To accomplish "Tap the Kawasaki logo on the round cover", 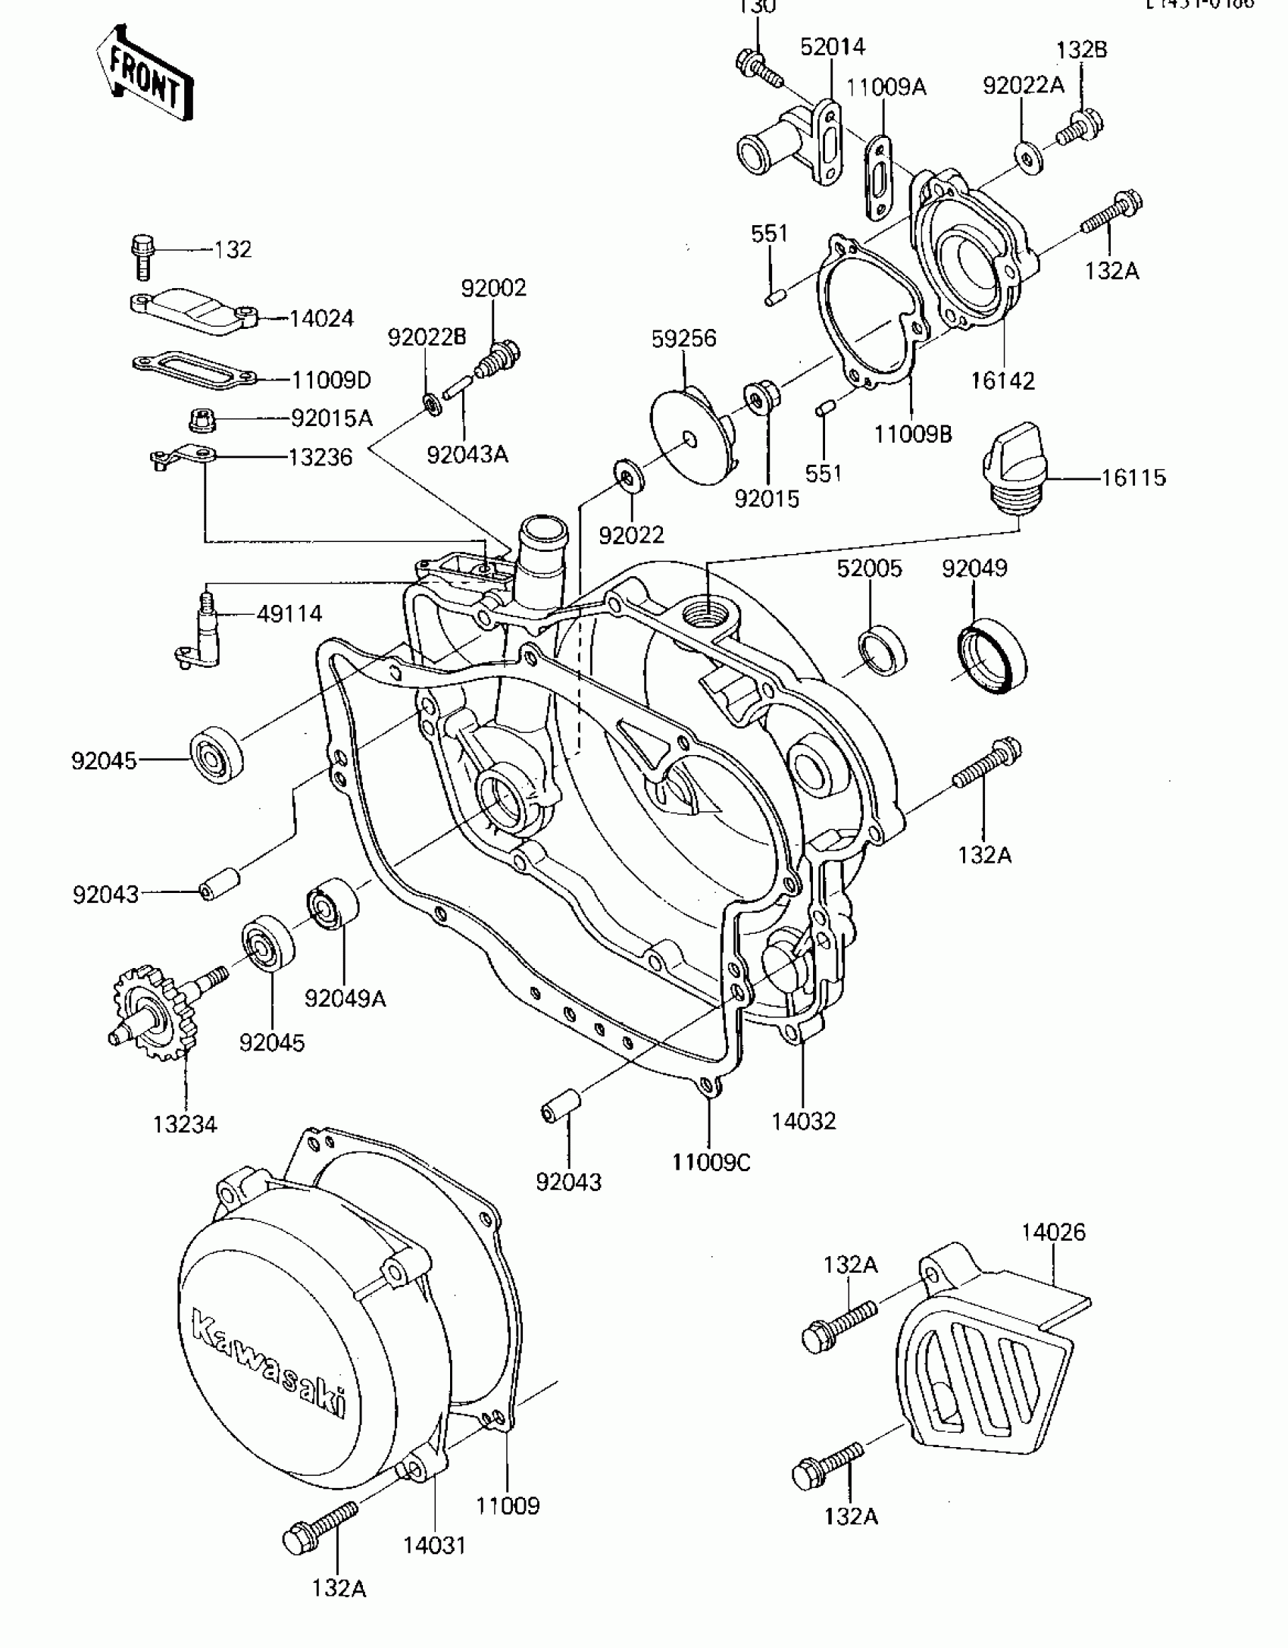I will pos(267,1369).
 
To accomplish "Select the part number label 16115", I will pos(1133,478).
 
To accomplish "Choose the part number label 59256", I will pos(683,339).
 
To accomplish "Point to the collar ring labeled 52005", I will pos(883,648).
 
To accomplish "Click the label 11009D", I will pos(332,380).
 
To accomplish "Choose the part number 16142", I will pos(1003,381).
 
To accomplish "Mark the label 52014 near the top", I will pos(833,47).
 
